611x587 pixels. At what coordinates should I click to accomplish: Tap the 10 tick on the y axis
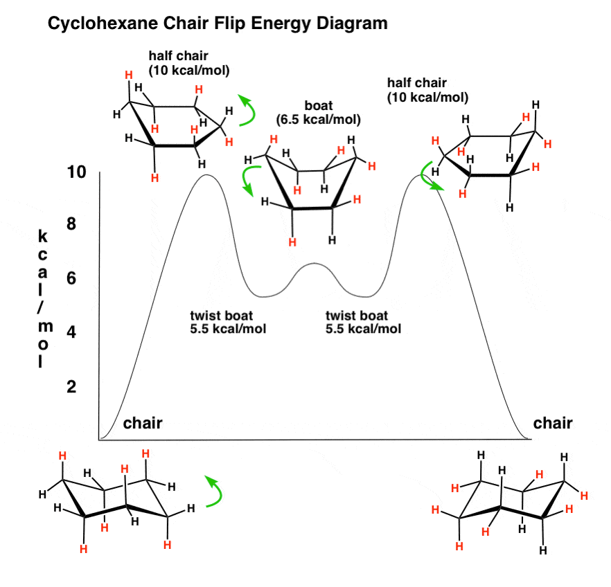(x=76, y=172)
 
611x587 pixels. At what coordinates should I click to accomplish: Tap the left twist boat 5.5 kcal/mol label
(x=228, y=323)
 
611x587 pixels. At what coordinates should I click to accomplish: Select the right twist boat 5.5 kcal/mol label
(x=363, y=323)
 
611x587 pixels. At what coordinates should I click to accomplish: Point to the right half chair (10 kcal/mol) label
(x=427, y=91)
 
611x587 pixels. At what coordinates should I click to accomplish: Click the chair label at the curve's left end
(x=142, y=423)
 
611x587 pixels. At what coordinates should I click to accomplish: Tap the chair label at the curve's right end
(x=553, y=423)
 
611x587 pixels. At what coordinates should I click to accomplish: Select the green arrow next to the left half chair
(x=247, y=111)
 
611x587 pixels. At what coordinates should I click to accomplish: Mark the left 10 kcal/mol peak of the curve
(x=206, y=175)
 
